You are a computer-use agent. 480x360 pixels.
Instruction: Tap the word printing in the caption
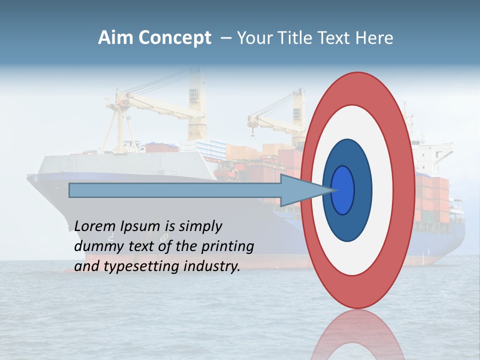228,246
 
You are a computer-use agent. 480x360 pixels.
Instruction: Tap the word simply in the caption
200,226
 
